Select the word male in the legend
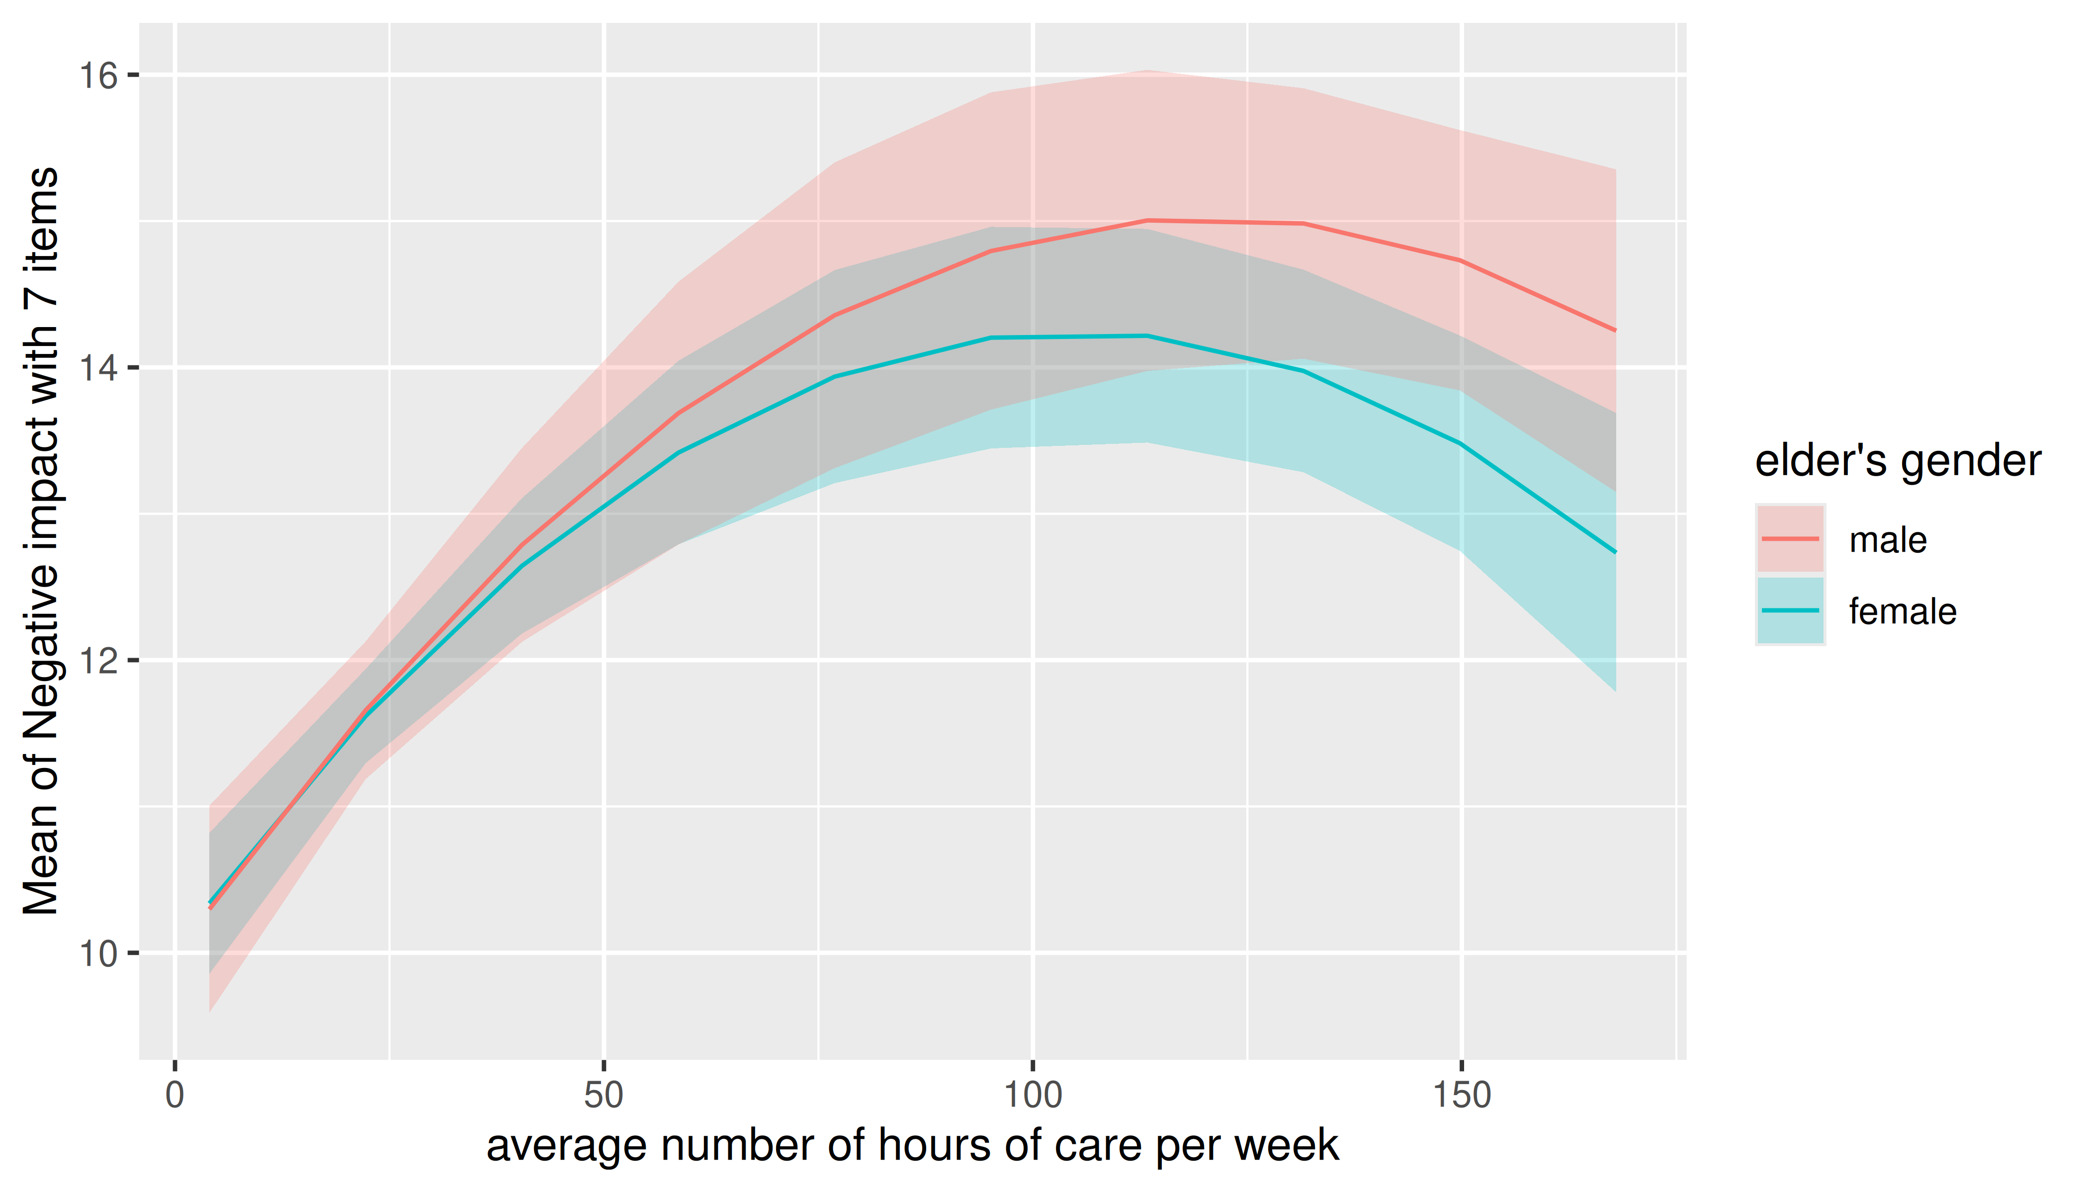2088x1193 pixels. (1888, 540)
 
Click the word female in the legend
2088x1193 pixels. (1903, 611)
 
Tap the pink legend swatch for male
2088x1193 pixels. (1791, 539)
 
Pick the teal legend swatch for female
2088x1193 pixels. (1791, 610)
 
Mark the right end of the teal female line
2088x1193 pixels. (1615, 552)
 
